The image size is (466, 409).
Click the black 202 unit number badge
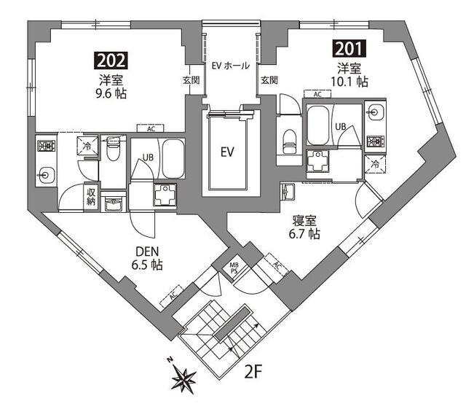111,61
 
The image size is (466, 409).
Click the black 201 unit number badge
349,49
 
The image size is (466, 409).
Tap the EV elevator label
227,152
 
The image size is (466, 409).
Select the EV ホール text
231,66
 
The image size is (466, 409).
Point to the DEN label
147,252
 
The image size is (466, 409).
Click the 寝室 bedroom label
304,221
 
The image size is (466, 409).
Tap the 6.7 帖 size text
304,234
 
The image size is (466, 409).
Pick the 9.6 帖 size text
111,94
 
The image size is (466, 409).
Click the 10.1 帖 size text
349,82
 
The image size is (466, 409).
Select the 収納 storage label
90,196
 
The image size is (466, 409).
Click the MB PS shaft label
234,268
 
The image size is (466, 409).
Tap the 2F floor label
253,372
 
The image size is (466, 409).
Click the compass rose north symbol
183,376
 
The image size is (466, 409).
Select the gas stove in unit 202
46,147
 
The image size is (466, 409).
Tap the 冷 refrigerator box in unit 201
375,164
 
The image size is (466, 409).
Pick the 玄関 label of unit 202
191,79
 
